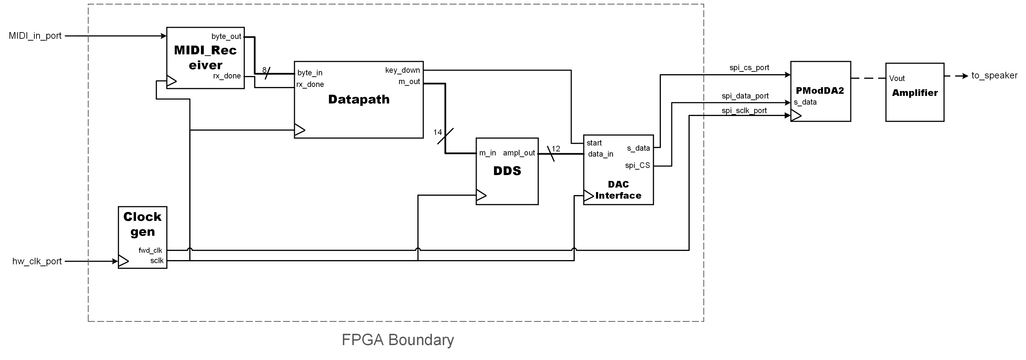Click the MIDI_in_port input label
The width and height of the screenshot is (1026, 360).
pyautogui.click(x=35, y=36)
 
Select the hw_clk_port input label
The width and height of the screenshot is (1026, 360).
pyautogui.click(x=37, y=261)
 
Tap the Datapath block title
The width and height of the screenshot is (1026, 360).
pyautogui.click(x=358, y=99)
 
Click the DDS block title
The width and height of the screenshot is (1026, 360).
pyautogui.click(x=507, y=171)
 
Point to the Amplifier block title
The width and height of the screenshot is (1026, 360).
pyautogui.click(x=915, y=93)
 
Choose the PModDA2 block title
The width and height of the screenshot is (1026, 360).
pyautogui.click(x=820, y=90)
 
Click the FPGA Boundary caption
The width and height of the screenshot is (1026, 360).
pyautogui.click(x=397, y=340)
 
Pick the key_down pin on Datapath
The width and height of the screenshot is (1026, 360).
pyautogui.click(x=402, y=70)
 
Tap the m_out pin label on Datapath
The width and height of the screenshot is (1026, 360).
pyautogui.click(x=409, y=82)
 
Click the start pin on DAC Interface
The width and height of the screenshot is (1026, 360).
pyautogui.click(x=594, y=143)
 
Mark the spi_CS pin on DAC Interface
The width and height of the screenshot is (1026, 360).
pyautogui.click(x=637, y=165)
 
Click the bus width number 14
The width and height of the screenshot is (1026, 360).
pyautogui.click(x=437, y=132)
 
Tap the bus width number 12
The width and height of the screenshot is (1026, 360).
pyautogui.click(x=556, y=149)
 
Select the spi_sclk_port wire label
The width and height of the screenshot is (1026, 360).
pyautogui.click(x=744, y=110)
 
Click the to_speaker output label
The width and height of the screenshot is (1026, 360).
pyautogui.click(x=994, y=76)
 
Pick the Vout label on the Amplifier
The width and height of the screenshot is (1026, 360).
pyautogui.click(x=897, y=78)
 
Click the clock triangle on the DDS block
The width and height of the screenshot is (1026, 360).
pyautogui.click(x=481, y=195)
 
